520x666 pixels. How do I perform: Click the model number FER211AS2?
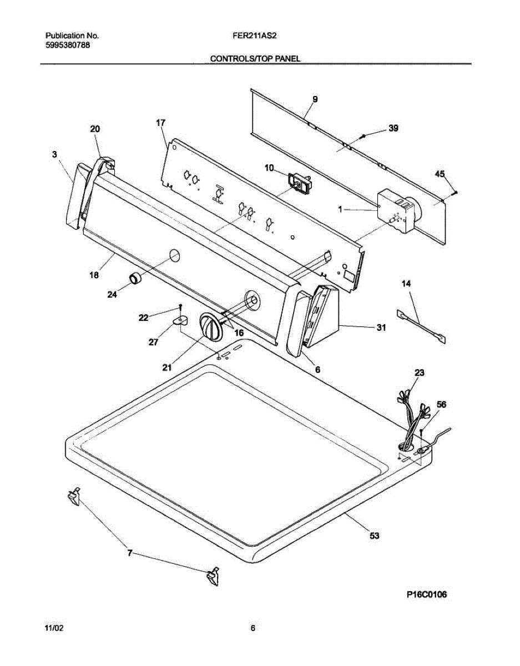tap(255, 36)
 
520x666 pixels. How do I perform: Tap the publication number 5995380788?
tap(68, 45)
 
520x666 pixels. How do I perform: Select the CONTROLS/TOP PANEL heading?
tap(255, 58)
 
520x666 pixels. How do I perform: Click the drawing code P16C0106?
tap(426, 595)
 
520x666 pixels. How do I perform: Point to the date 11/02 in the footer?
tap(54, 629)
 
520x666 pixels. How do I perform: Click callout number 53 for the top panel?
tap(375, 536)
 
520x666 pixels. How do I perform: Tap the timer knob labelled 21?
tap(210, 326)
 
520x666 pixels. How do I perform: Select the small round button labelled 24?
tap(135, 278)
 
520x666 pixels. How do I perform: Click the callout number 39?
tap(393, 128)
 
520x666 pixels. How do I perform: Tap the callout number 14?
tap(407, 284)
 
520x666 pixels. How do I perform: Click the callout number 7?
tap(130, 553)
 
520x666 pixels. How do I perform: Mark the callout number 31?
tap(381, 327)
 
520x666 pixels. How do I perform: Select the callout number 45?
tap(440, 174)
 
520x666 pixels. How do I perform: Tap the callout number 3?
tap(54, 155)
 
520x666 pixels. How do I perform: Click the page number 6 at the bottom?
tap(253, 629)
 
